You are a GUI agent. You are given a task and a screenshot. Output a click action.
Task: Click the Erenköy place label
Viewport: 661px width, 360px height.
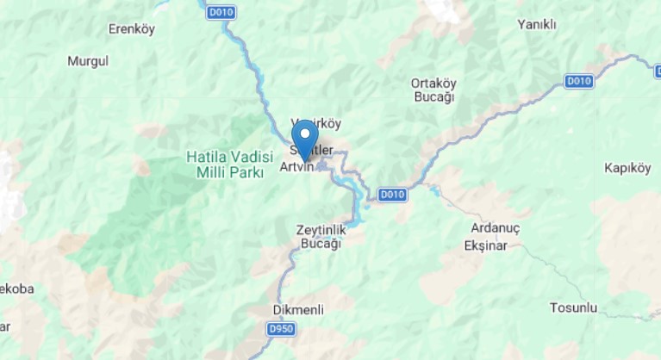tap(131, 29)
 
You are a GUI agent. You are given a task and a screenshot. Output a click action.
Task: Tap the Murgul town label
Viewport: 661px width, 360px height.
tap(88, 61)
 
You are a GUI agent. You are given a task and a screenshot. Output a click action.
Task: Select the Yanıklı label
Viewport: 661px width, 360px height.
tap(537, 24)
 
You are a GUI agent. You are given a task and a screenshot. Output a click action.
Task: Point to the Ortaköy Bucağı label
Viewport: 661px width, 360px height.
tap(433, 90)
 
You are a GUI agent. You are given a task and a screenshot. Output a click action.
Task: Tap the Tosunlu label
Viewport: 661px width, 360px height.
tap(573, 307)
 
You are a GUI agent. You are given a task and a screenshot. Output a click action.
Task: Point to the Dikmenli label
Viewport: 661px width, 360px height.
tap(296, 309)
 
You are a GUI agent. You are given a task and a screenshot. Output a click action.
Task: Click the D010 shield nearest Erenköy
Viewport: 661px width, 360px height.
tap(220, 13)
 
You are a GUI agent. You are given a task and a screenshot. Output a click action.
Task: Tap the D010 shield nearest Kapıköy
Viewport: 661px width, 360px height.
tap(580, 81)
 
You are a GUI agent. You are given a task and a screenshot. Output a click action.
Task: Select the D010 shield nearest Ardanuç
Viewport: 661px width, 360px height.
tap(391, 195)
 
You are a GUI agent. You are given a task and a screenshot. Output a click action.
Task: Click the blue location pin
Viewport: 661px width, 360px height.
tap(304, 138)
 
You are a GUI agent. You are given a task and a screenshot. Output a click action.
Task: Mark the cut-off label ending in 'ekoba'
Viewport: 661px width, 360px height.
tap(17, 289)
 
